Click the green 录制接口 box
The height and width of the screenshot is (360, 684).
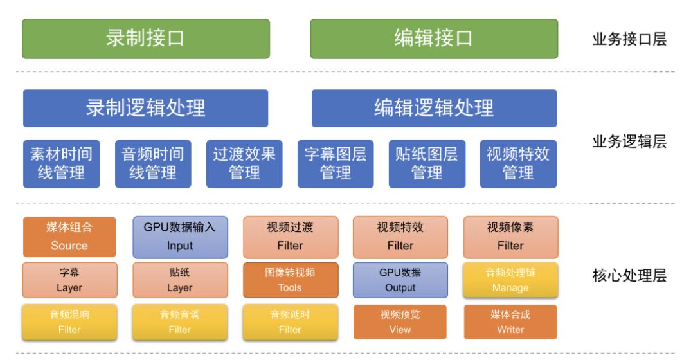click(146, 39)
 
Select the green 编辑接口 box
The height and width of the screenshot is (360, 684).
click(434, 39)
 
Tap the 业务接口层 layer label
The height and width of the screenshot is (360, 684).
click(629, 40)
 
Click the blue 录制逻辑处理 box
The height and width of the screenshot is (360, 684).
click(146, 108)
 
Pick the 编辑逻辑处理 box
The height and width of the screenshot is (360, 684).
click(434, 108)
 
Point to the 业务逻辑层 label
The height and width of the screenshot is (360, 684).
click(629, 142)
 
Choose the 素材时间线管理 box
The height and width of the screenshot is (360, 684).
click(61, 163)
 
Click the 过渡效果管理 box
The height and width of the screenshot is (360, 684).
click(244, 163)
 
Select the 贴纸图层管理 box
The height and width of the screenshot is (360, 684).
click(427, 163)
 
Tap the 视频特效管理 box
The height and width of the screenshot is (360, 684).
click(518, 163)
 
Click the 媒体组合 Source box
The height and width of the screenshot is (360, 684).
click(69, 236)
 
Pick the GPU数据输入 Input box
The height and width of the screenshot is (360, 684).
click(180, 236)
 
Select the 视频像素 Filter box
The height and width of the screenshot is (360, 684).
click(510, 236)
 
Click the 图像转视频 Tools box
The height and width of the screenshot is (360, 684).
click(290, 280)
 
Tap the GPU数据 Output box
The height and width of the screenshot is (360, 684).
click(401, 280)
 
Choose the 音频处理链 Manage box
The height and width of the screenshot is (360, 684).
click(510, 280)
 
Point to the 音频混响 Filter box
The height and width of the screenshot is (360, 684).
click(69, 322)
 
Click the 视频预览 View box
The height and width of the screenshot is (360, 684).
click(401, 322)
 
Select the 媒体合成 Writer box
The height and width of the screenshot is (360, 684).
click(510, 322)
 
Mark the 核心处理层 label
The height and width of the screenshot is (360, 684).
click(629, 277)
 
